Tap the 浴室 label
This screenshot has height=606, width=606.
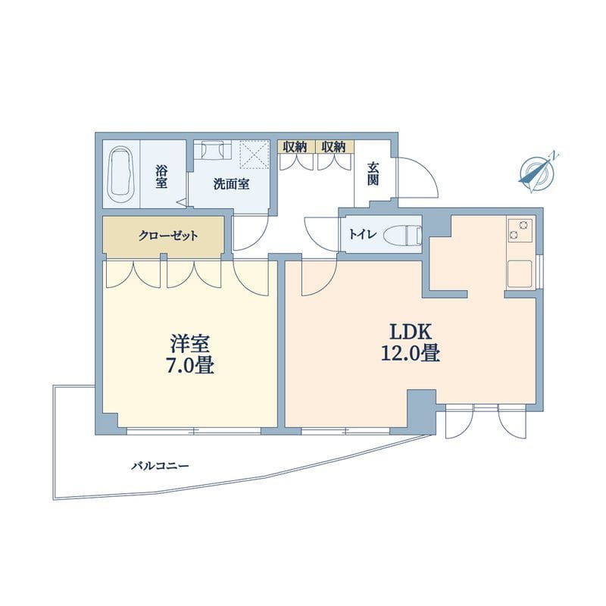click(x=161, y=177)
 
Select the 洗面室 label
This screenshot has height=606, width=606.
click(x=231, y=184)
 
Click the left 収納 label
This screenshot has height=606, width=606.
click(x=295, y=147)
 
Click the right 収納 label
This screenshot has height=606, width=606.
click(x=333, y=147)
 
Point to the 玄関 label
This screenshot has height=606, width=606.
click(x=373, y=174)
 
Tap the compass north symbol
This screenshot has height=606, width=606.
click(x=538, y=173)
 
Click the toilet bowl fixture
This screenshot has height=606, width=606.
click(x=403, y=235)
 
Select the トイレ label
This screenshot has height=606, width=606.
click(x=362, y=234)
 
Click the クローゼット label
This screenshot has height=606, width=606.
click(x=168, y=236)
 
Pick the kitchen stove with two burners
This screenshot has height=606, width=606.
click(x=520, y=230)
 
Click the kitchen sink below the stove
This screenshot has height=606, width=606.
click(x=520, y=273)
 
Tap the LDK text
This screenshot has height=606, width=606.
click(x=410, y=333)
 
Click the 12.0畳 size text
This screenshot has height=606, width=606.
click(x=411, y=353)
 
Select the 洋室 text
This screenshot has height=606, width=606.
click(x=190, y=344)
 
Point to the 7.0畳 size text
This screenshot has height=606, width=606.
click(x=190, y=365)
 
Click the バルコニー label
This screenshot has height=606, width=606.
click(x=161, y=466)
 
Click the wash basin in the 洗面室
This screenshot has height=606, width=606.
click(x=212, y=151)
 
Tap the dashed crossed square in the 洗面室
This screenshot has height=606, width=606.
click(x=254, y=155)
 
